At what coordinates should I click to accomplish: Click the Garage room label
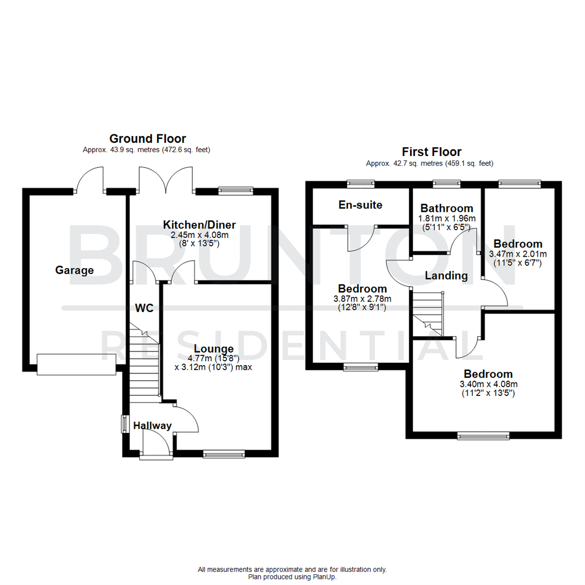coord(74,270)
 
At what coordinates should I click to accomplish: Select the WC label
coord(144,308)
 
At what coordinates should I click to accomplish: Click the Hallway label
coord(152,426)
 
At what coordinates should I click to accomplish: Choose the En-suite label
coord(360,205)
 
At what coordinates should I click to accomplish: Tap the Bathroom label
coord(447,208)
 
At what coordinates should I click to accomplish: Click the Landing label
coord(446,276)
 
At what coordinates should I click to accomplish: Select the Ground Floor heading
coord(147,139)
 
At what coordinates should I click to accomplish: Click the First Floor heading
coord(431,152)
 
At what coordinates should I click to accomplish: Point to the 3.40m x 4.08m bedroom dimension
coord(488,385)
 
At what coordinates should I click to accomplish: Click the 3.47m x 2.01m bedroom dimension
coord(517,253)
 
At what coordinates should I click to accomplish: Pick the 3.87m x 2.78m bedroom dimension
coord(362,298)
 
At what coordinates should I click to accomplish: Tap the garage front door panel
coord(76,364)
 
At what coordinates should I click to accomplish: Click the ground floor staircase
coord(144,363)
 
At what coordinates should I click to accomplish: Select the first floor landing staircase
coord(428,314)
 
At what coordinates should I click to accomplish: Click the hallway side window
coord(123,424)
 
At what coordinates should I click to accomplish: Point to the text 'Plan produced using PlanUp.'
coord(292,577)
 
